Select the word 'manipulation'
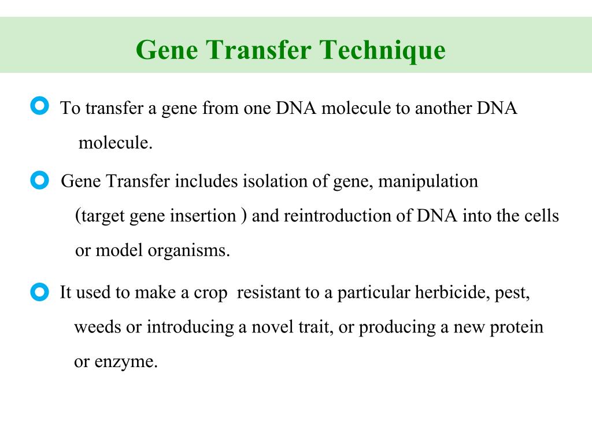pyautogui.click(x=430, y=182)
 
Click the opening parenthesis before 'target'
pyautogui.click(x=78, y=216)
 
